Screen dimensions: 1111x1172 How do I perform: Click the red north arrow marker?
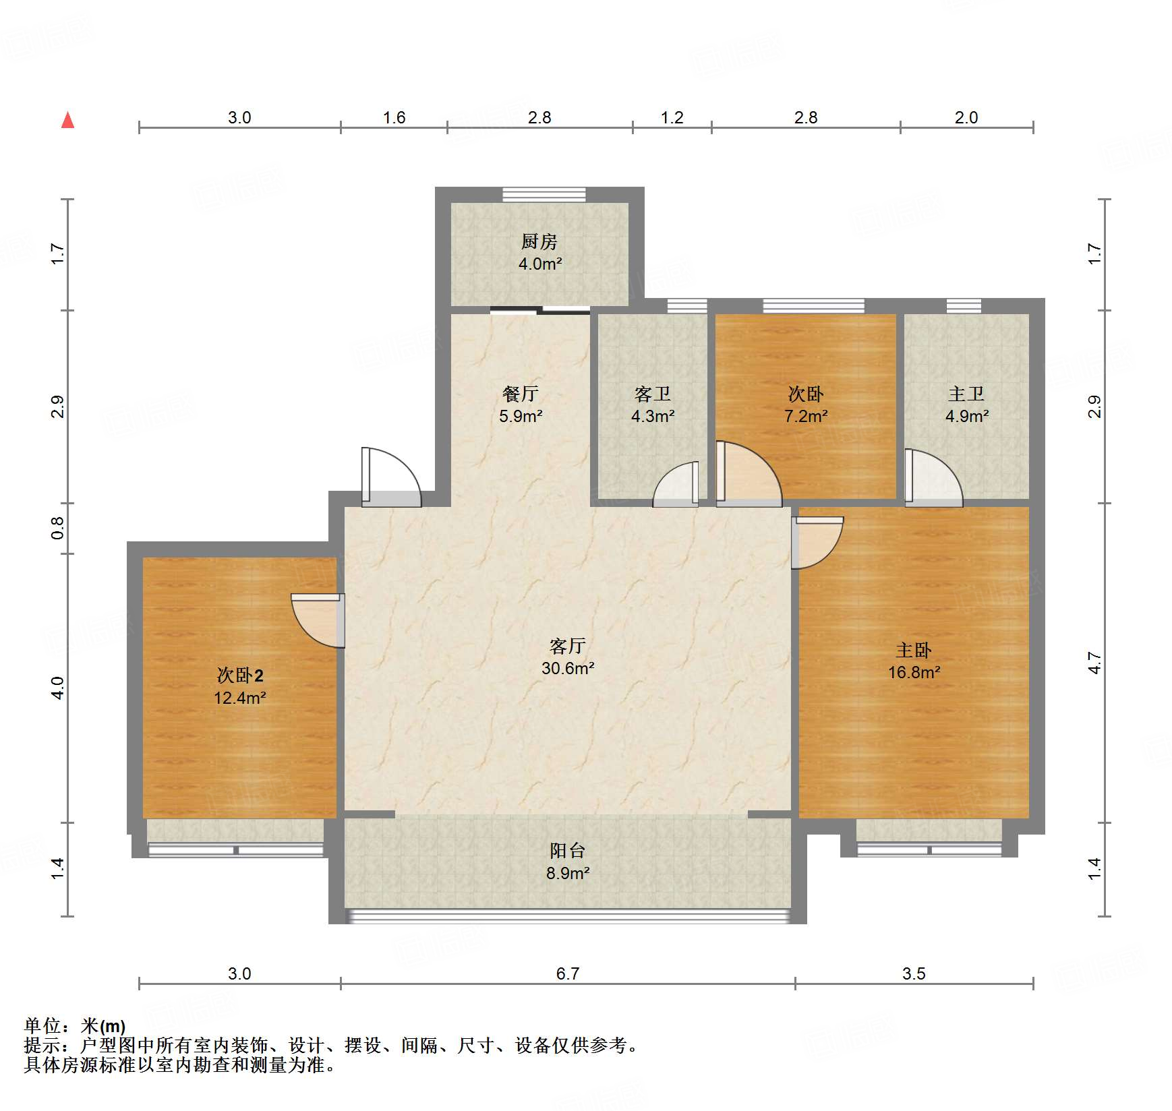(67, 121)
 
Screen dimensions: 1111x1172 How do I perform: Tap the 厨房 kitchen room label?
(539, 241)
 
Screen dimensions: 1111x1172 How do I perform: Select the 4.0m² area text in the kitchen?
(539, 264)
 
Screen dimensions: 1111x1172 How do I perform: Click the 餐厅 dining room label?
(520, 394)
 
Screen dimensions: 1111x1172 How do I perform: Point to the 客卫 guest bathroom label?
(652, 394)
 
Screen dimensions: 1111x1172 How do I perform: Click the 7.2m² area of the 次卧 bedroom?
(805, 417)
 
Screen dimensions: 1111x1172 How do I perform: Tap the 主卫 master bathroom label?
(966, 394)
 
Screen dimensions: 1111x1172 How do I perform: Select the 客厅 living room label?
(567, 646)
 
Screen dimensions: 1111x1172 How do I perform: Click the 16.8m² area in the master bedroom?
(914, 672)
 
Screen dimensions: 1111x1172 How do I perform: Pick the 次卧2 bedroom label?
(239, 675)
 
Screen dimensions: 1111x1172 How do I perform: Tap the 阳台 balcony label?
(567, 850)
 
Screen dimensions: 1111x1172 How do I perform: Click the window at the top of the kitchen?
(544, 195)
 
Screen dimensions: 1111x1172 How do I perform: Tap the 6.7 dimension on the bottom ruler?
(567, 973)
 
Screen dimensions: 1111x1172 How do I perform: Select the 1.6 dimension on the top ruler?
(394, 118)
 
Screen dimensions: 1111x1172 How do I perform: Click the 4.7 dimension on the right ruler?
(1094, 663)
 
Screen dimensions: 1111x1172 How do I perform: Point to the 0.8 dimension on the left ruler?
(57, 527)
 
